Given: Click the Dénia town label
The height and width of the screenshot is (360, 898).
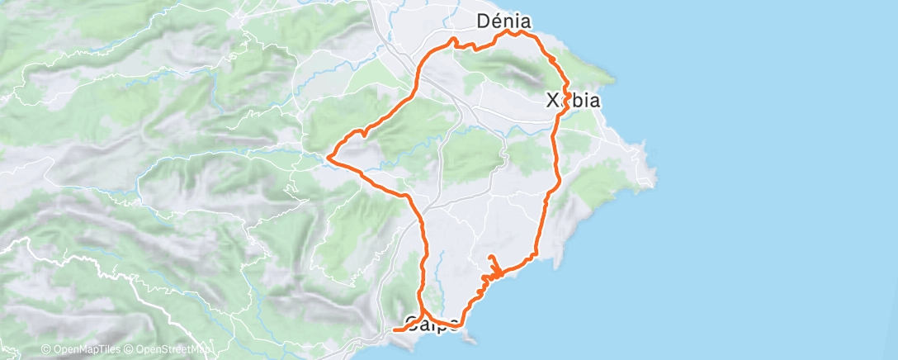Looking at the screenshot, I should [503, 21].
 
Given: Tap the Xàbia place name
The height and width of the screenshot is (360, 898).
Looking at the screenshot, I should [573, 101].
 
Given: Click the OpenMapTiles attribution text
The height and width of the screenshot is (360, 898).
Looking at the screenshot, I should [82, 350].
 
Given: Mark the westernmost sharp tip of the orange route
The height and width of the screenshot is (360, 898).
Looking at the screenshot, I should [329, 156].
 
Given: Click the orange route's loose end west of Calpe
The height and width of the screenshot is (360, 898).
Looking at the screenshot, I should [394, 329].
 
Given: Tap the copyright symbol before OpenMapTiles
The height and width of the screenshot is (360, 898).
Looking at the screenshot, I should [45, 350].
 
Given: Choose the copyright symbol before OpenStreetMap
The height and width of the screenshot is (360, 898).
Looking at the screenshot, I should [129, 350].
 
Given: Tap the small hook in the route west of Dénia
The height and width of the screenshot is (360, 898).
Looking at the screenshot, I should [453, 40].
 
